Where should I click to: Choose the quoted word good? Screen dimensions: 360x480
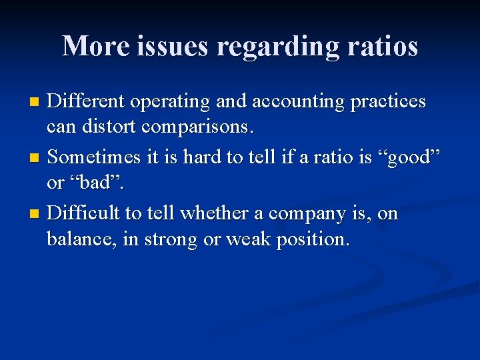(x=417, y=158)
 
